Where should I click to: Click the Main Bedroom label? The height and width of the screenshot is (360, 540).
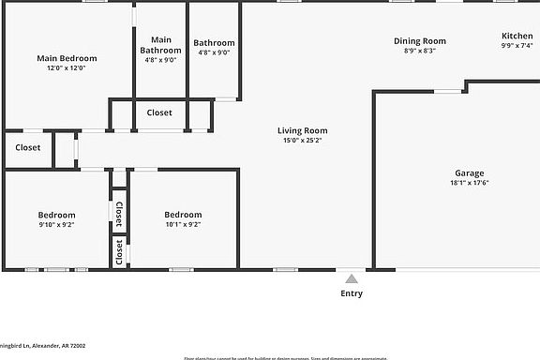click(x=67, y=58)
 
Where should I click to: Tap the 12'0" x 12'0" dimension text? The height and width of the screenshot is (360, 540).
click(x=67, y=68)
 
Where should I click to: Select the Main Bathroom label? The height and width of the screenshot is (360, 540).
click(x=161, y=45)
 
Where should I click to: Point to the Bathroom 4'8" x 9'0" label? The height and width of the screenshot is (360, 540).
click(x=214, y=43)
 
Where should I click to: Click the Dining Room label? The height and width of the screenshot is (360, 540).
click(x=419, y=40)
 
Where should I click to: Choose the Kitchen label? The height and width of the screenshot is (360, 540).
click(x=517, y=36)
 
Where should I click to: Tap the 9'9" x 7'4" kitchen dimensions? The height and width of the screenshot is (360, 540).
click(x=517, y=45)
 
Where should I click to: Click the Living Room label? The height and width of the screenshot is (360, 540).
click(x=302, y=130)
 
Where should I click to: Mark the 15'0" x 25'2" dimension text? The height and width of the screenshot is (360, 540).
click(x=302, y=141)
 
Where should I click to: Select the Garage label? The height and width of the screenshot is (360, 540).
click(x=469, y=172)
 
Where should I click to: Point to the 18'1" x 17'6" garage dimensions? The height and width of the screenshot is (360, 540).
click(x=469, y=183)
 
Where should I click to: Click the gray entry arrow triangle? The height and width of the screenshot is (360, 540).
click(x=351, y=278)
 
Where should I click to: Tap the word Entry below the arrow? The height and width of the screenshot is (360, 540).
click(x=351, y=293)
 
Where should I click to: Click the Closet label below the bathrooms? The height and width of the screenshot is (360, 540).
click(x=159, y=112)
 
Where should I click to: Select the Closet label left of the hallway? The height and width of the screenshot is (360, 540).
click(x=27, y=147)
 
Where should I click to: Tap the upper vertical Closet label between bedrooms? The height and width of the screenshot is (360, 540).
click(x=119, y=215)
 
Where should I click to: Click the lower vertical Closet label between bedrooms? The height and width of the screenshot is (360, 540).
click(x=119, y=251)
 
